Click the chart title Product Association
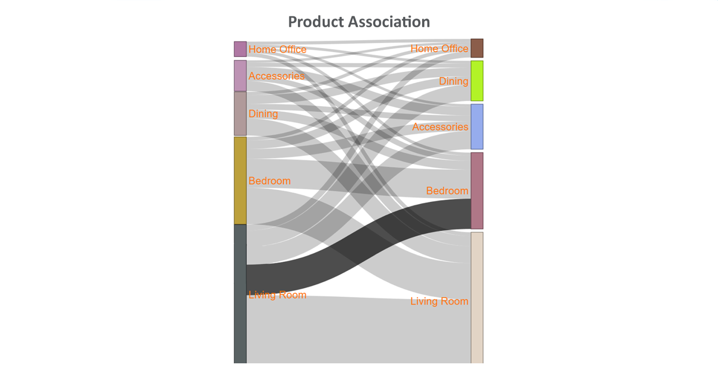(359, 22)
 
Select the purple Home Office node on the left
(240, 49)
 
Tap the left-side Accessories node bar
(240, 76)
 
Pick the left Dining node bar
(240, 114)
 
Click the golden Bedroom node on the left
(240, 180)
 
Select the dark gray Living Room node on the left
(240, 294)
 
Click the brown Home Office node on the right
(477, 48)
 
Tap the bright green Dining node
(477, 81)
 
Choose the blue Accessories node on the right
(477, 127)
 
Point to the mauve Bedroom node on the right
(477, 191)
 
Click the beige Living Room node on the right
(477, 298)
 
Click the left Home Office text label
(277, 49)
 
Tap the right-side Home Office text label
(439, 49)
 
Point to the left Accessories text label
(277, 76)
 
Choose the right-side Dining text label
(454, 81)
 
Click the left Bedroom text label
(269, 181)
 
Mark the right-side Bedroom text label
(447, 191)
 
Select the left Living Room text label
(277, 295)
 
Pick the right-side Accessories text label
(440, 127)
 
